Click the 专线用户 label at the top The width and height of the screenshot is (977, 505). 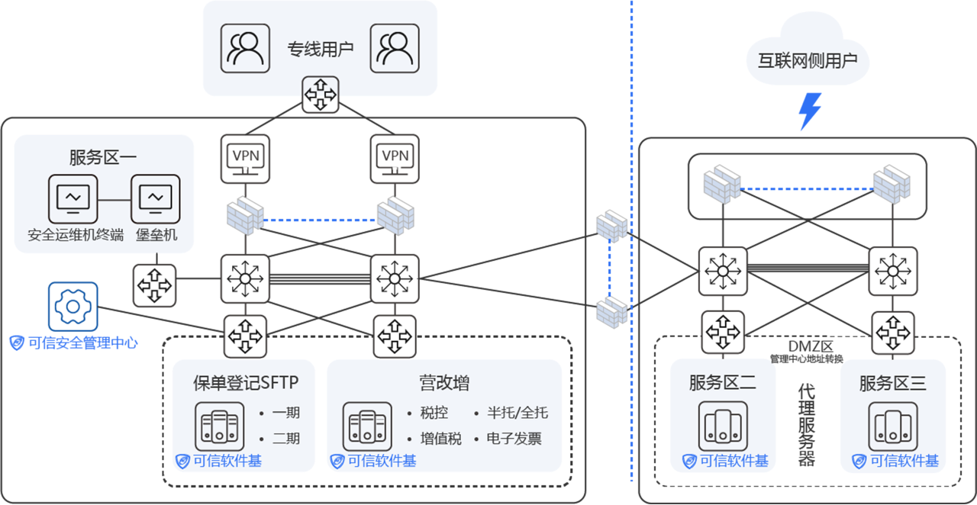[320, 50]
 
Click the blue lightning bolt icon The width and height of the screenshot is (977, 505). [809, 111]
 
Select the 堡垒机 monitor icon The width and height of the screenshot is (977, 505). [156, 199]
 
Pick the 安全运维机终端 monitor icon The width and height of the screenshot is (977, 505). [73, 199]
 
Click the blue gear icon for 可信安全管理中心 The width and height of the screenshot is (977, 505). [73, 307]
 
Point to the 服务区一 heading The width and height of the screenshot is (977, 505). [103, 158]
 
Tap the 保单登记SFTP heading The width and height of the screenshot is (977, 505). [246, 383]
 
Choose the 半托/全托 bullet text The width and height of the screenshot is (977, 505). [518, 413]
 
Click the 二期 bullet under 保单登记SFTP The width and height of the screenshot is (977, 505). [285, 439]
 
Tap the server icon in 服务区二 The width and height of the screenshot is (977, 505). [723, 426]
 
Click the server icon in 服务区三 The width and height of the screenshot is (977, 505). [893, 426]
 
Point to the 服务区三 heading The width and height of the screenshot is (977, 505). [893, 383]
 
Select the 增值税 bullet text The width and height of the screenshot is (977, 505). [440, 439]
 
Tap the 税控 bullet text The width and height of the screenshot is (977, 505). [434, 413]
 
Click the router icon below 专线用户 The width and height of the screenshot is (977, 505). [320, 95]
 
